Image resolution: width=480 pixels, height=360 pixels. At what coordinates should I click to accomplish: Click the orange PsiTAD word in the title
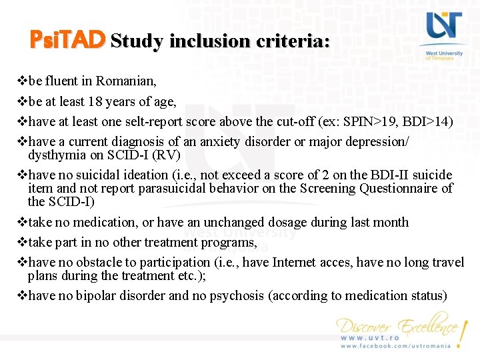(67, 40)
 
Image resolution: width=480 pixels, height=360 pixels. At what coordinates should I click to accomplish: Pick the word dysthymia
(56, 155)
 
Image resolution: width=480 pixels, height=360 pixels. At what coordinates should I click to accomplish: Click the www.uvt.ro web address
(370, 338)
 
